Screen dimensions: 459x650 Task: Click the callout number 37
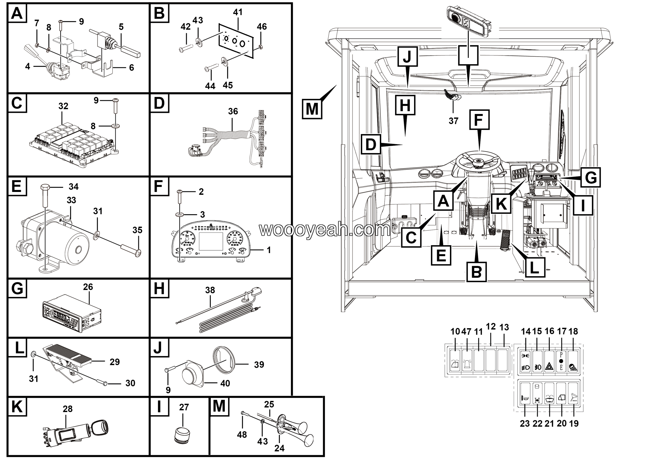coord(453,121)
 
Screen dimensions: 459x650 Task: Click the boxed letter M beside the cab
coord(312,109)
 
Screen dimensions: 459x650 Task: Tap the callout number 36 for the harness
coord(233,111)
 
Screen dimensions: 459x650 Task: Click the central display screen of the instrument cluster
coord(211,237)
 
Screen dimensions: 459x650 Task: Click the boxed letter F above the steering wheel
coord(479,120)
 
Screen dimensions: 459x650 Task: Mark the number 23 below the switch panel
coord(525,423)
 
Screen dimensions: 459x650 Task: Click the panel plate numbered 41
coord(235,41)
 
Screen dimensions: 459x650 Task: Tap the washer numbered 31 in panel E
coord(96,234)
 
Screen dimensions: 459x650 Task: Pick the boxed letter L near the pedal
coord(535,267)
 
